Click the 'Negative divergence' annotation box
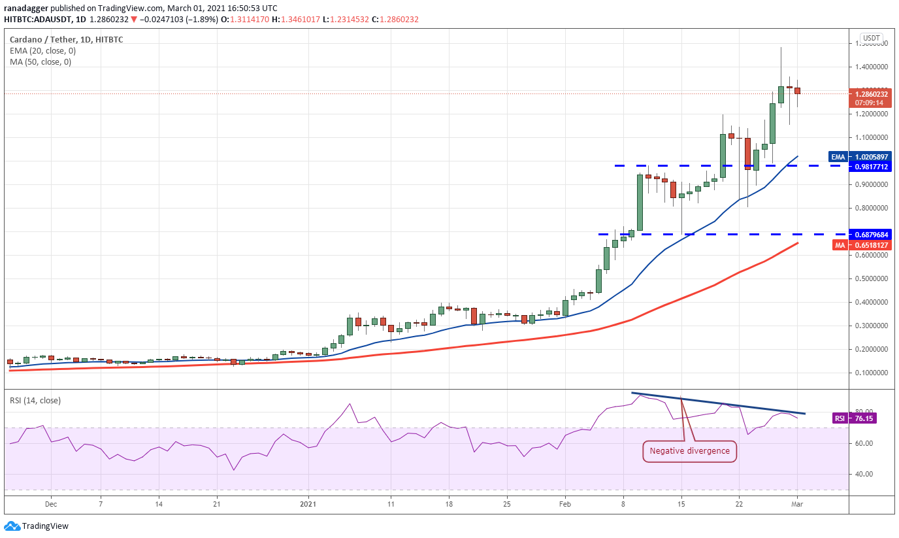point(690,451)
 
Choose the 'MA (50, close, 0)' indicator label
point(41,62)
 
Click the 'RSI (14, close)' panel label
point(35,401)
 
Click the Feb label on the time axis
point(565,504)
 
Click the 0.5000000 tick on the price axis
point(869,279)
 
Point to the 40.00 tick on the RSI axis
point(864,475)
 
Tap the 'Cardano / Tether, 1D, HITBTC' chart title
point(66,39)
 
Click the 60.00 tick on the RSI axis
point(864,443)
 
